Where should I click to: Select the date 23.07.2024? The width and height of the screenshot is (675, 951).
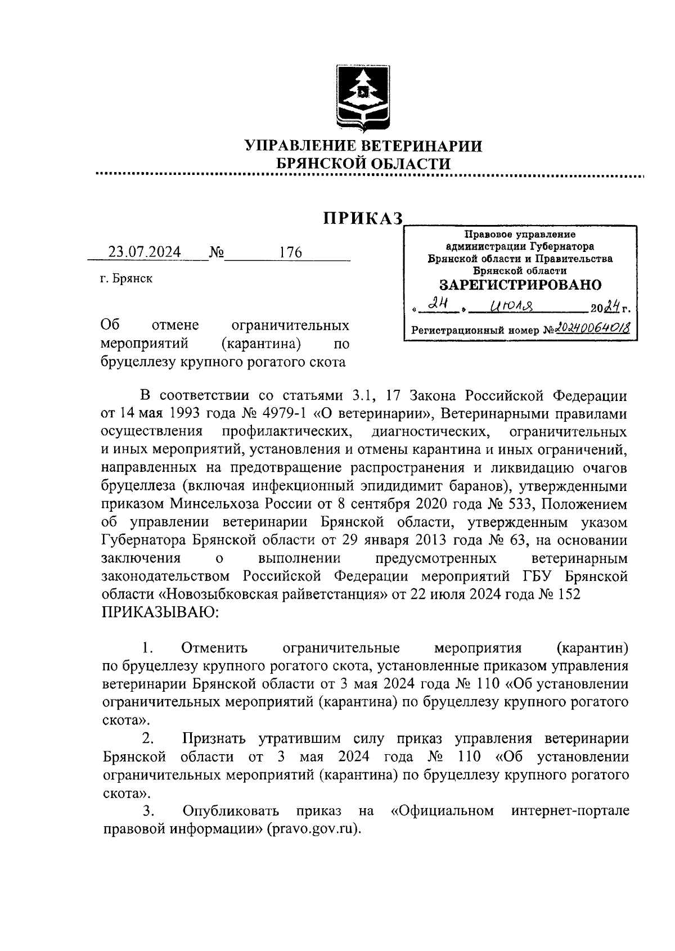[145, 252]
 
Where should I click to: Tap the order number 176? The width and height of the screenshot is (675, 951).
[290, 252]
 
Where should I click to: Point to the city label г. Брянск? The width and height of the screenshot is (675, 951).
[126, 278]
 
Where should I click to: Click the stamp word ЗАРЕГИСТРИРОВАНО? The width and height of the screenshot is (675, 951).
[520, 285]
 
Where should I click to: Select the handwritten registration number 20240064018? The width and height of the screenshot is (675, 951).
[592, 328]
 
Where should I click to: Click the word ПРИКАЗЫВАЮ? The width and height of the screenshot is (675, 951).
[161, 612]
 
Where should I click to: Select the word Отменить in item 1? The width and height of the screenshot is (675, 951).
[215, 648]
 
